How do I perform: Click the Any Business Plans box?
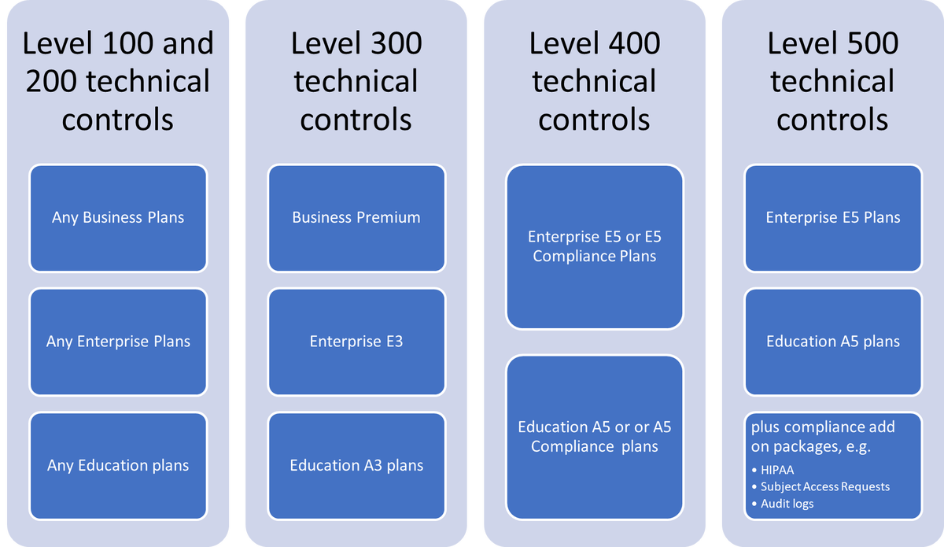tap(118, 217)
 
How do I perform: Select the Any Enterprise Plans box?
tap(118, 342)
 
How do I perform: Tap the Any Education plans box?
tap(118, 465)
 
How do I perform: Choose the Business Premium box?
tap(356, 217)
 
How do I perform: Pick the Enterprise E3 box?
tap(356, 342)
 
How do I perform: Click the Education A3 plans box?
tap(356, 465)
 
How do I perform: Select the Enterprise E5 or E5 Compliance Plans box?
tap(595, 246)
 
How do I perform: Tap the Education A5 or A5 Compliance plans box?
tap(595, 437)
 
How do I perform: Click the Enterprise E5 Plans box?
tap(833, 217)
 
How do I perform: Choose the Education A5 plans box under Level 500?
tap(833, 342)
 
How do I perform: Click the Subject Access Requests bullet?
tap(824, 486)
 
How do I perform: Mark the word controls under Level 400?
tap(595, 120)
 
